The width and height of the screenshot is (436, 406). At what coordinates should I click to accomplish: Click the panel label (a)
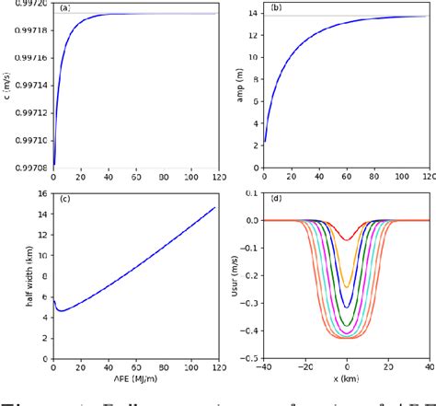(x=64, y=8)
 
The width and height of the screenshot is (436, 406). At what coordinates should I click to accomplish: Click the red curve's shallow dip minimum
(x=347, y=240)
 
